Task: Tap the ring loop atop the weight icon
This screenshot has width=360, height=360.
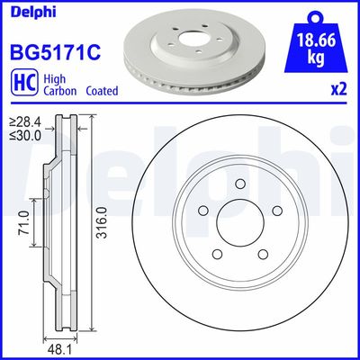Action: (x=315, y=14)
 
